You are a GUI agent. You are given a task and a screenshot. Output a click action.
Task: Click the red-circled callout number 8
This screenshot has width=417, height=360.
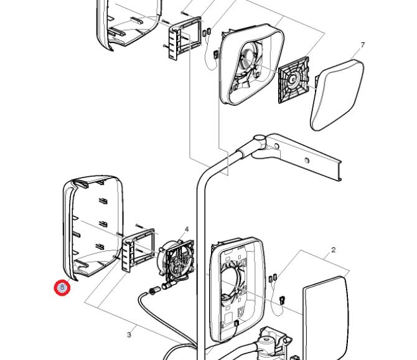coord(62,288)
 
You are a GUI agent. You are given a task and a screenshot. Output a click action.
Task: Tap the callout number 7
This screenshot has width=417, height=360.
coord(362,45)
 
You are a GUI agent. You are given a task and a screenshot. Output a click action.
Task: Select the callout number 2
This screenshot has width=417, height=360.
coord(333,250)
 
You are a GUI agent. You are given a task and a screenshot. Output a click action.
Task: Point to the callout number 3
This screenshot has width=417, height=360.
coord(129,335)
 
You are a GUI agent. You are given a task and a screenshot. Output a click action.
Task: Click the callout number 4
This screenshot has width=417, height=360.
coord(186,230)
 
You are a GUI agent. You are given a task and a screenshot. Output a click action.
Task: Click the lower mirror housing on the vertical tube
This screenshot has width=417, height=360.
coord(233,287)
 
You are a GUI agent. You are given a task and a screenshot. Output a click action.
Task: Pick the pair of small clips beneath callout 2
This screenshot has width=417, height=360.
coord(273,278)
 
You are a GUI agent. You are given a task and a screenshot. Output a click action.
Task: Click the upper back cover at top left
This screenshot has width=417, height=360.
coord(128,25)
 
